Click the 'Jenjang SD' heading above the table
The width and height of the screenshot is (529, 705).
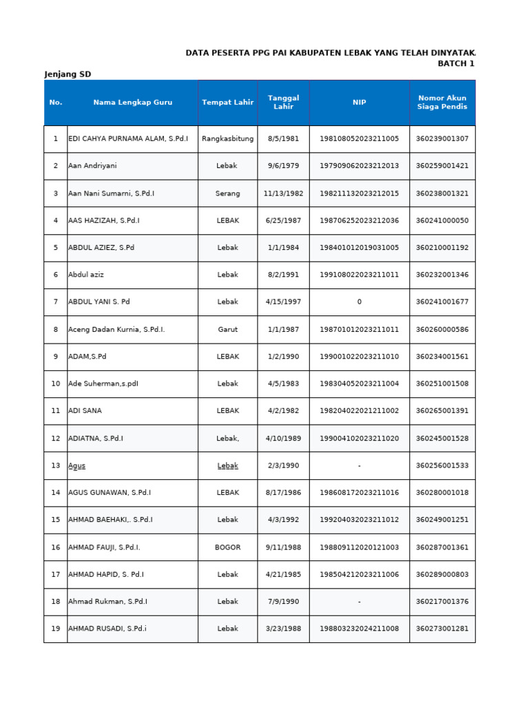click(x=68, y=74)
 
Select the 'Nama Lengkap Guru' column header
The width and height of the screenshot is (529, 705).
click(x=132, y=103)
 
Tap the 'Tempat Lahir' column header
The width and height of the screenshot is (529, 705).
click(x=227, y=103)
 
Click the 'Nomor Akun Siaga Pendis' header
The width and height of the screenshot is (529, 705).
click(x=442, y=103)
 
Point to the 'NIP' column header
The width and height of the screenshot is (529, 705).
click(x=359, y=103)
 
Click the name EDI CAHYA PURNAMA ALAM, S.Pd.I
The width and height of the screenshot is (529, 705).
click(x=128, y=139)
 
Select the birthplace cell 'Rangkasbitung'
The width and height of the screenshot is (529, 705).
click(x=227, y=139)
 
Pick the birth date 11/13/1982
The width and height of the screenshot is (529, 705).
click(x=283, y=193)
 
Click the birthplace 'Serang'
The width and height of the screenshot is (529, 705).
click(x=227, y=193)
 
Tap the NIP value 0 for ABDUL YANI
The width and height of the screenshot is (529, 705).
click(x=359, y=302)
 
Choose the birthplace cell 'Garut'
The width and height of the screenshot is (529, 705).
click(x=227, y=330)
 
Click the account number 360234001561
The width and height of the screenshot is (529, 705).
click(x=442, y=357)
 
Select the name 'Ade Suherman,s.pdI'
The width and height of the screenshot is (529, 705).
click(x=103, y=384)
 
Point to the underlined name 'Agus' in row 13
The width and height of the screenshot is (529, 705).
click(x=77, y=466)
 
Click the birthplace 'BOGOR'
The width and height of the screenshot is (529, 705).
click(x=227, y=547)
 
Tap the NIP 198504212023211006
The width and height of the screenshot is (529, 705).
click(x=359, y=575)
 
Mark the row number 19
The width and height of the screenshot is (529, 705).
click(x=55, y=629)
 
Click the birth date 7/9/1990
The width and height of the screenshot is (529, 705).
click(x=283, y=602)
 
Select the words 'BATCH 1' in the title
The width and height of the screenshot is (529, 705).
click(x=456, y=63)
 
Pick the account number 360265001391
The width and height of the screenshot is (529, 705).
click(x=442, y=411)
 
